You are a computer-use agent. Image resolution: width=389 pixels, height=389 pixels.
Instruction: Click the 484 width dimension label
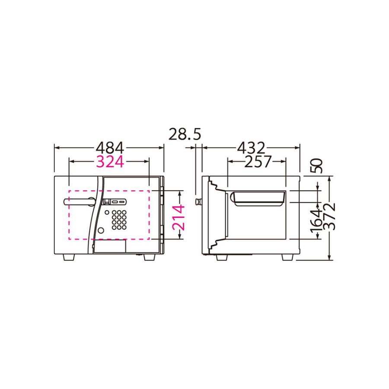click(110, 148)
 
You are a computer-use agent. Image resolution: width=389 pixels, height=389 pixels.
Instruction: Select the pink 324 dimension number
click(110, 162)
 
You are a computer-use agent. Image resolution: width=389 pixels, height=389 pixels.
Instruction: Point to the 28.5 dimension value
click(185, 135)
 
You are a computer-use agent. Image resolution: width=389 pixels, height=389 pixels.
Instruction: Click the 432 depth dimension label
click(251, 148)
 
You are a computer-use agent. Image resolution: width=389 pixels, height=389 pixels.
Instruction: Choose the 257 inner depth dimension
click(257, 162)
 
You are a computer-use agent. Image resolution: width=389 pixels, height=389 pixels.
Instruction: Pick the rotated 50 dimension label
click(317, 166)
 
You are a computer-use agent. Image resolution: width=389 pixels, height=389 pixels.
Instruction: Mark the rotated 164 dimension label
click(317, 219)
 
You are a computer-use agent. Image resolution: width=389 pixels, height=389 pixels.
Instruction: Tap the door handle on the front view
click(80, 201)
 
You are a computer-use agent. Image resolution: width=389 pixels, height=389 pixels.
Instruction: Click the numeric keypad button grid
click(119, 220)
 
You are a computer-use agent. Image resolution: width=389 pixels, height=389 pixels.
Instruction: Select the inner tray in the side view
click(258, 199)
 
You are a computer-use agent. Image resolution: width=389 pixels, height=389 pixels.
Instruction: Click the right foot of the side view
click(288, 257)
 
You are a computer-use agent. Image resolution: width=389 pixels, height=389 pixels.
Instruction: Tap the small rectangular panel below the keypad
click(111, 246)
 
